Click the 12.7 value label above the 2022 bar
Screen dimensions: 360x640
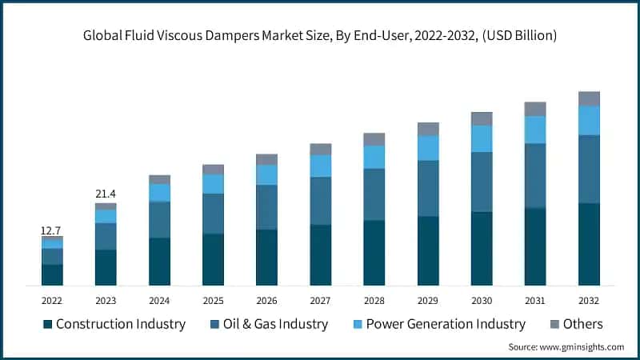pos(52,231)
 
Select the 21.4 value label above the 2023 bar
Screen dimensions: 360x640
pos(106,194)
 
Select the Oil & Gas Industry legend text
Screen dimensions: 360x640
pos(270,324)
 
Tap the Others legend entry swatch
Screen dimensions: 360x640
pos(552,324)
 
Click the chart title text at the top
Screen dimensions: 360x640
pos(319,36)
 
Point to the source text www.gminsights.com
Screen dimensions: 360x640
pos(566,347)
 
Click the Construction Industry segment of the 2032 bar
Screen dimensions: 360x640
pos(589,244)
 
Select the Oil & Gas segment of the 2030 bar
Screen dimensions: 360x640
pos(482,182)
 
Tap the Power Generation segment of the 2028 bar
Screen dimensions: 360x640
pos(374,157)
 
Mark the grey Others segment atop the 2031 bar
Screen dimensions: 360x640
pos(535,109)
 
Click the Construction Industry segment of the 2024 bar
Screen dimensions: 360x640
pos(159,262)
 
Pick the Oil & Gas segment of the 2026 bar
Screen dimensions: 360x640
pos(266,207)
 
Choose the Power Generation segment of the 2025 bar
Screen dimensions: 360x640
pos(213,184)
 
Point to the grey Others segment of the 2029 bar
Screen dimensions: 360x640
pos(428,129)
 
